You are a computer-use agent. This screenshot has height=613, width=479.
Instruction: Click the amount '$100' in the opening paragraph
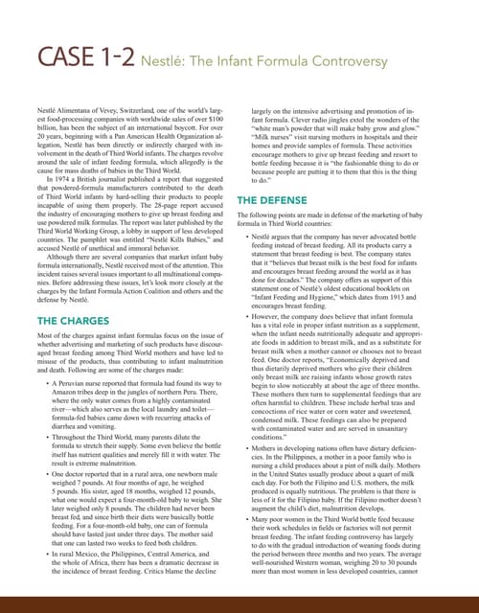point(220,122)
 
